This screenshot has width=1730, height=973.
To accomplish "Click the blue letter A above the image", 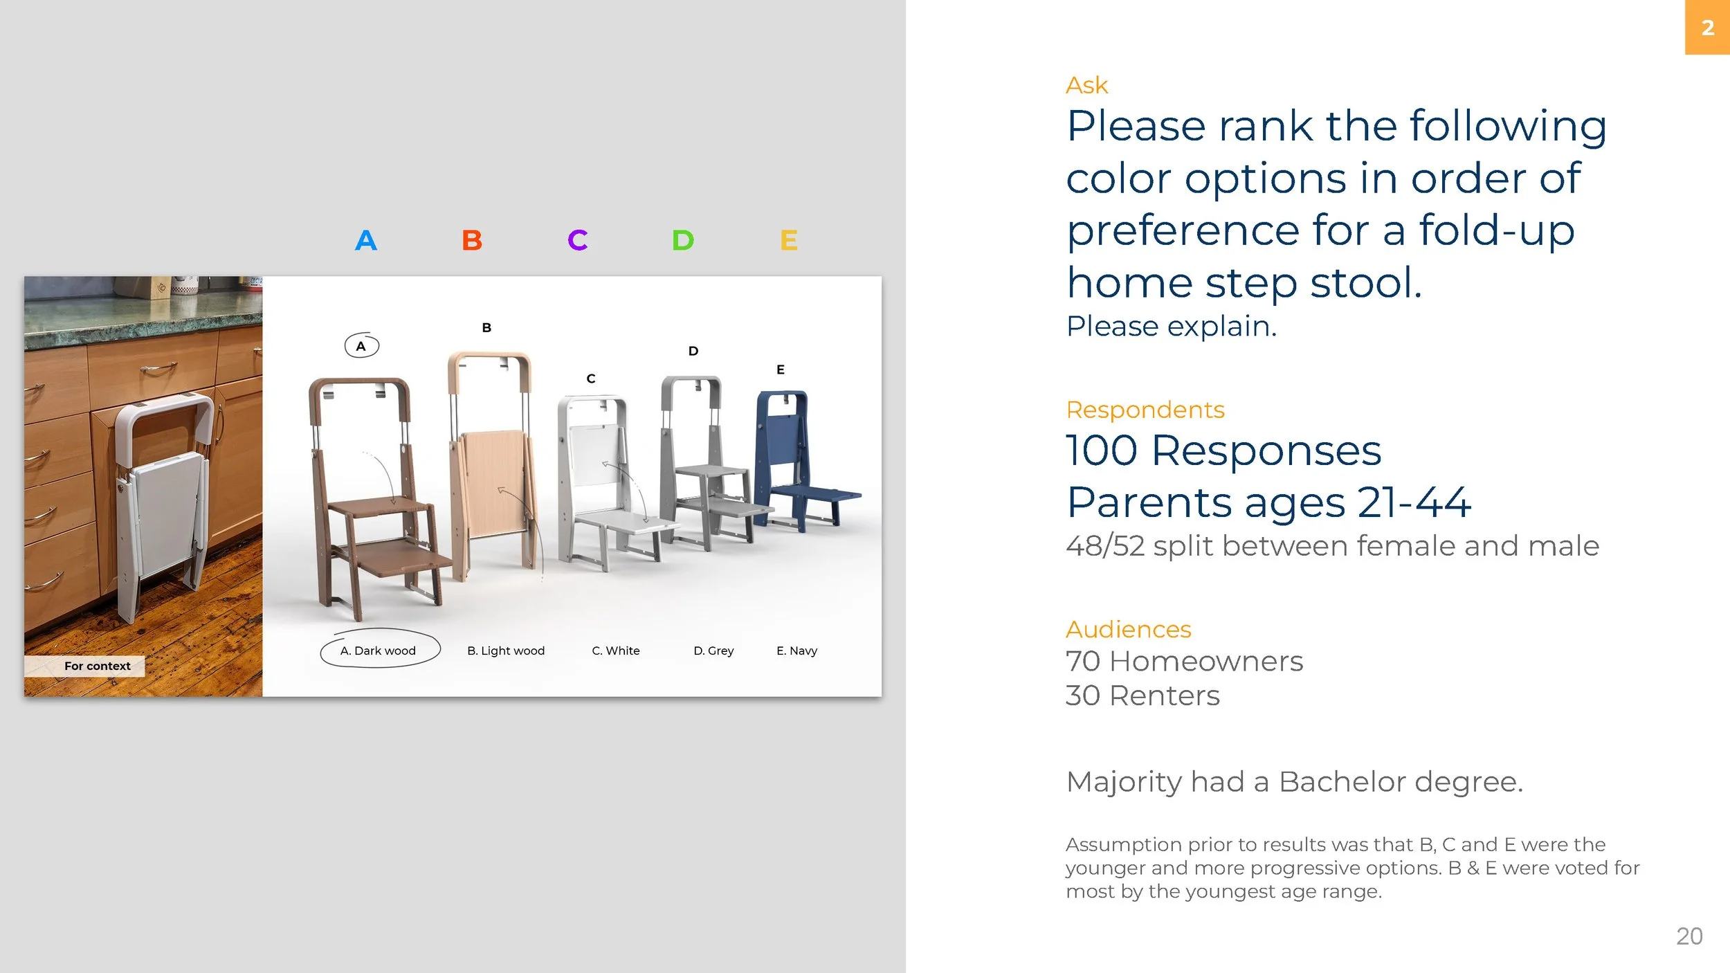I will click(x=365, y=240).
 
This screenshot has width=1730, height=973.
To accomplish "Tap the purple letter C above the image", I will click(x=577, y=240).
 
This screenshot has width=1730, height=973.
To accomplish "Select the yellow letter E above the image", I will click(x=788, y=240).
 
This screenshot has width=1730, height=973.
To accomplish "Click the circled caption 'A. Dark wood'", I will click(x=379, y=651).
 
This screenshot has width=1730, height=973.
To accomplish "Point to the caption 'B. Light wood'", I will click(x=506, y=651).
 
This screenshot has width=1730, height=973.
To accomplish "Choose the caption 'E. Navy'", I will click(x=796, y=651).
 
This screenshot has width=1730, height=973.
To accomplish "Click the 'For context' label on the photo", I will click(x=97, y=666).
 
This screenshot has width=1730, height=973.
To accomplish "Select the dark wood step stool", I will click(x=370, y=498).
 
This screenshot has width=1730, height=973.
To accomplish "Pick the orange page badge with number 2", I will click(x=1707, y=28).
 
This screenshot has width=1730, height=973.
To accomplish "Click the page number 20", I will click(x=1688, y=936).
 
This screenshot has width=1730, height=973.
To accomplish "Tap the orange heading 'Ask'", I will click(x=1086, y=85).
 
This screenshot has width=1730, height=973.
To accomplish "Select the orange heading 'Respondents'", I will click(x=1145, y=410).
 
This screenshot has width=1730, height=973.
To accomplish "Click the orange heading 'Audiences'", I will click(x=1128, y=629).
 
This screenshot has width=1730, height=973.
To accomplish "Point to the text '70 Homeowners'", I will click(x=1184, y=661).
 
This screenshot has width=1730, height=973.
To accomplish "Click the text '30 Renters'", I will click(x=1142, y=695).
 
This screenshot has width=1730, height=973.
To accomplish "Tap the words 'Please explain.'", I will click(x=1171, y=326).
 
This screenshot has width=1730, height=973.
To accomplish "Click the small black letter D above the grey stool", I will click(x=693, y=351).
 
